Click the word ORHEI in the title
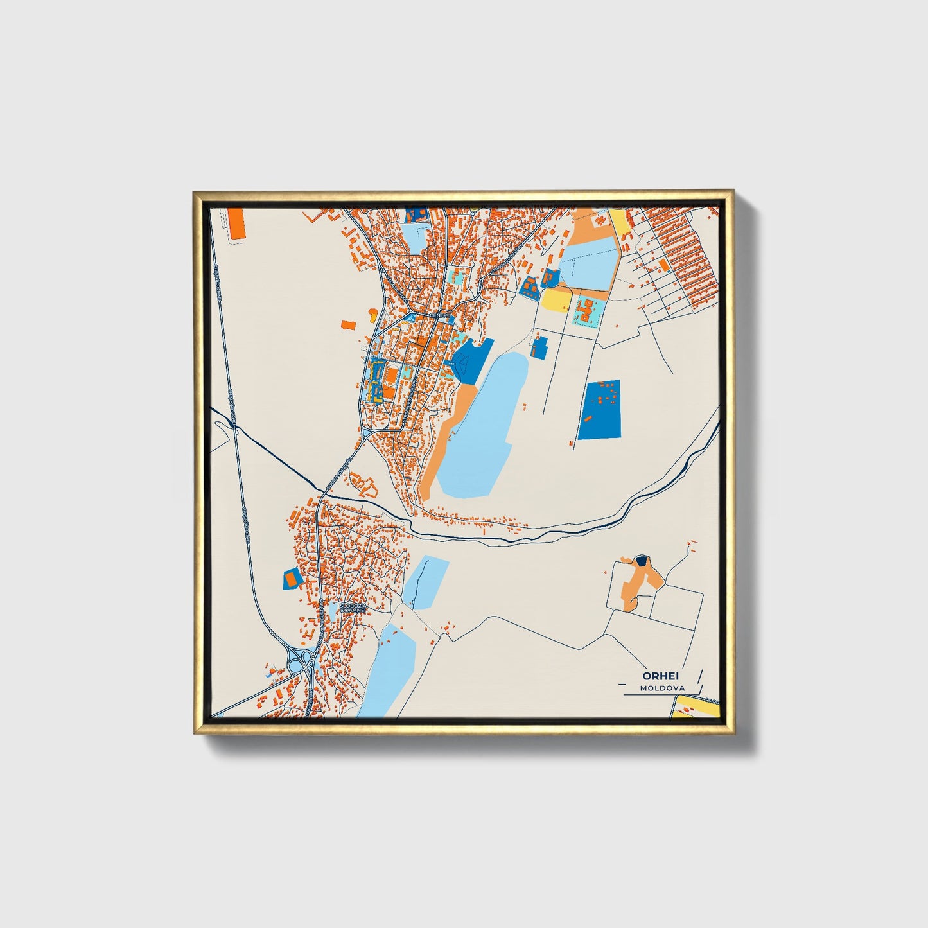click(x=661, y=676)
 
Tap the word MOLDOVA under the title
click(x=662, y=688)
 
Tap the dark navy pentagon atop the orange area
click(x=641, y=561)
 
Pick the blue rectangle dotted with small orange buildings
click(x=600, y=410)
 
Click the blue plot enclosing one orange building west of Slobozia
click(x=292, y=579)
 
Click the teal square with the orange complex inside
click(x=587, y=311)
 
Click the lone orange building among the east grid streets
click(x=664, y=265)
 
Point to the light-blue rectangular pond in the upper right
click(x=590, y=263)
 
